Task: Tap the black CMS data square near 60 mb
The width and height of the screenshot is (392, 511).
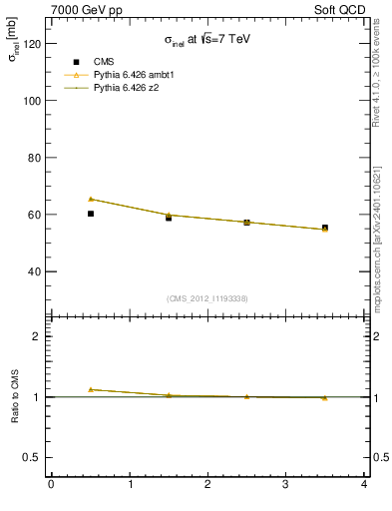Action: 91,214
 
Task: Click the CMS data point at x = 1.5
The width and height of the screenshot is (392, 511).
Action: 169,218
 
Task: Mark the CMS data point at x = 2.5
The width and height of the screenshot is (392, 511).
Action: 246,223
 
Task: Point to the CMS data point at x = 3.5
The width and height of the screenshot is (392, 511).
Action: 325,228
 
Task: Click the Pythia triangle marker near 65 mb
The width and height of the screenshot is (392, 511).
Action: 91,199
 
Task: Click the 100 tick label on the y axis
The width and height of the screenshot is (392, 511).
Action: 33,101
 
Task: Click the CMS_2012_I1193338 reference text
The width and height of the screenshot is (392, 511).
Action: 207,298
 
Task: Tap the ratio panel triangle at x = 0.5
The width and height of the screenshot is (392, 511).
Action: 91,389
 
